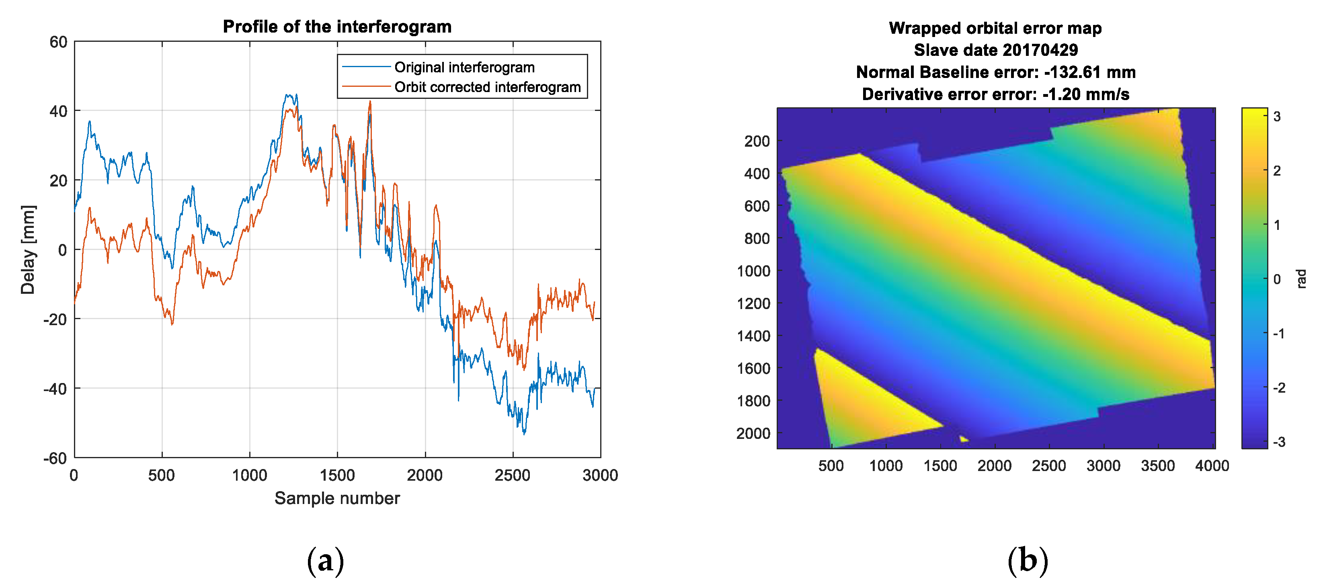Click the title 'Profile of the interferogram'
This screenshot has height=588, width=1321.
[337, 27]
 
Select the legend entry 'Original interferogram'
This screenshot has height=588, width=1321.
[464, 67]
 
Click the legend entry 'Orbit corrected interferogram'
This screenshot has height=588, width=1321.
[487, 87]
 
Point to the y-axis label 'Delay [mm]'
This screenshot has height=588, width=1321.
[28, 250]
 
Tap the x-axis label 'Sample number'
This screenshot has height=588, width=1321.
[337, 498]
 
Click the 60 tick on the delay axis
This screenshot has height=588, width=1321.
[58, 42]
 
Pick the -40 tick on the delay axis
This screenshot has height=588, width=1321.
[55, 389]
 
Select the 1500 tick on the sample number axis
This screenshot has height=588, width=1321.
[337, 475]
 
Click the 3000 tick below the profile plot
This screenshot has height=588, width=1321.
[600, 475]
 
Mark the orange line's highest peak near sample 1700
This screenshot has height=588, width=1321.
[370, 102]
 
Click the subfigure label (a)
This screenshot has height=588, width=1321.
[325, 561]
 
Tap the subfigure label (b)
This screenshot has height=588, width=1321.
[1028, 561]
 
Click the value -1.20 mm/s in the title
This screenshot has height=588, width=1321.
[1085, 94]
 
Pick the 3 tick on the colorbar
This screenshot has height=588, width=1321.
[1277, 117]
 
